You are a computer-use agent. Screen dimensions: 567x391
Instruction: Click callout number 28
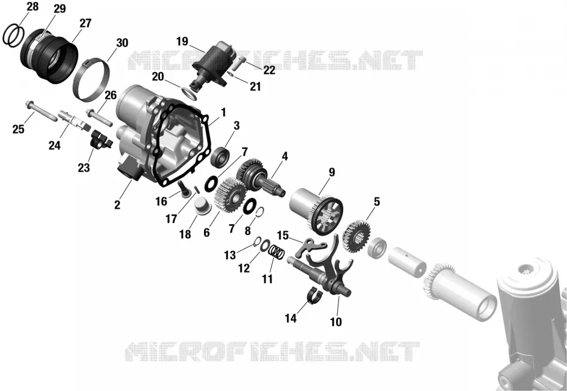(x=33, y=7)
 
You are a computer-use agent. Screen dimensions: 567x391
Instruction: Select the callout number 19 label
(x=182, y=42)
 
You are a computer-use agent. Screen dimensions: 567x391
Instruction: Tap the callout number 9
(x=332, y=172)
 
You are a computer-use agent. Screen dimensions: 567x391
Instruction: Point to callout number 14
(x=291, y=318)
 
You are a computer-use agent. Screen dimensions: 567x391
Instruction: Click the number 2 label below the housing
(x=117, y=205)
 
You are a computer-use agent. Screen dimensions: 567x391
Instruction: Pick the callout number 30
(x=122, y=42)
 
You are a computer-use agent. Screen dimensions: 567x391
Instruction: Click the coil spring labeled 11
(x=278, y=252)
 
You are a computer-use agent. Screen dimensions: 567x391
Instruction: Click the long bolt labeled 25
(x=41, y=111)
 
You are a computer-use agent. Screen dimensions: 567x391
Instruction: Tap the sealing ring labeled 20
(x=190, y=94)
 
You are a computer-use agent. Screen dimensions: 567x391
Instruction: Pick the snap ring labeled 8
(x=260, y=212)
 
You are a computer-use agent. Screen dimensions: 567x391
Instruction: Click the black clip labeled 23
(x=100, y=139)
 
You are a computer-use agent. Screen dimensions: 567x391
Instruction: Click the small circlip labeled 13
(x=257, y=241)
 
